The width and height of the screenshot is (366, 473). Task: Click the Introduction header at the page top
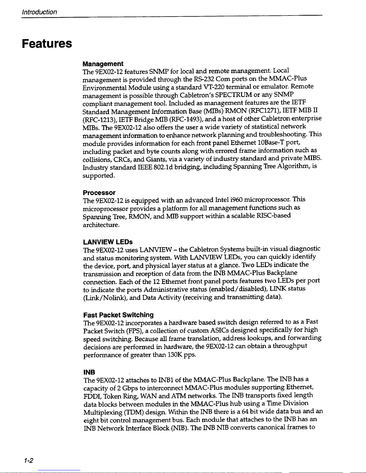[39, 12]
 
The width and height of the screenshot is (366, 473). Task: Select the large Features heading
[47, 44]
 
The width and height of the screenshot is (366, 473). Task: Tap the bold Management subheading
[103, 64]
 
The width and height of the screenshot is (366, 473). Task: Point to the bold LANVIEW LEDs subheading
[108, 241]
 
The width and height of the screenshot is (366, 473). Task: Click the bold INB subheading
[89, 372]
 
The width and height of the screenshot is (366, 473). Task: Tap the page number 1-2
[29, 460]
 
